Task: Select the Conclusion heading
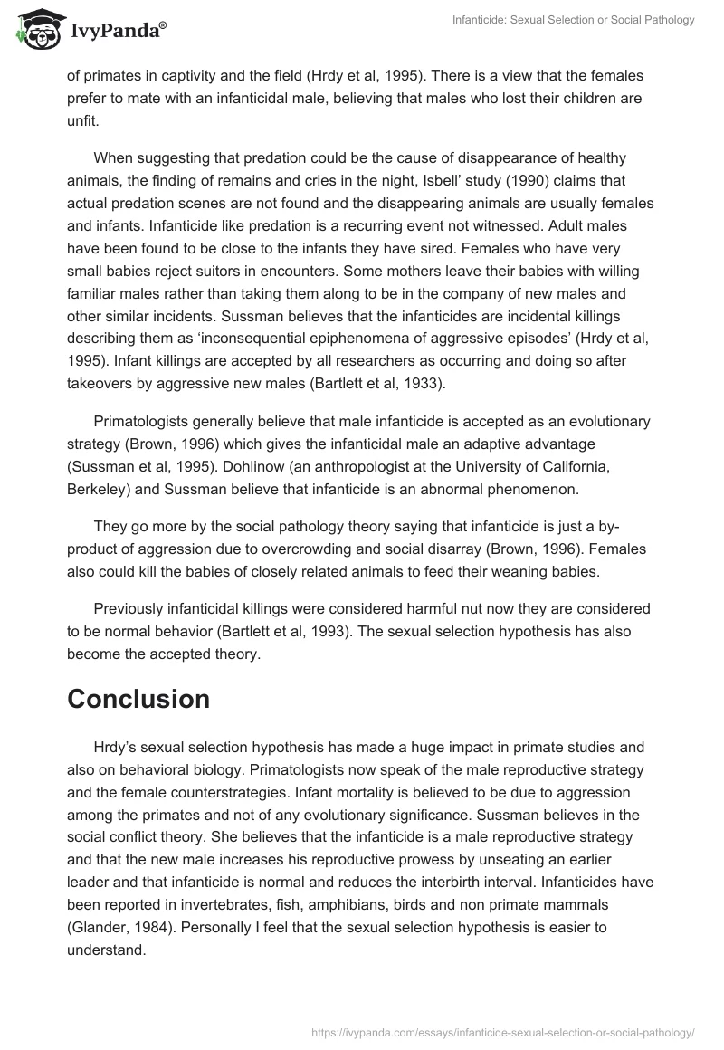tap(138, 699)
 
